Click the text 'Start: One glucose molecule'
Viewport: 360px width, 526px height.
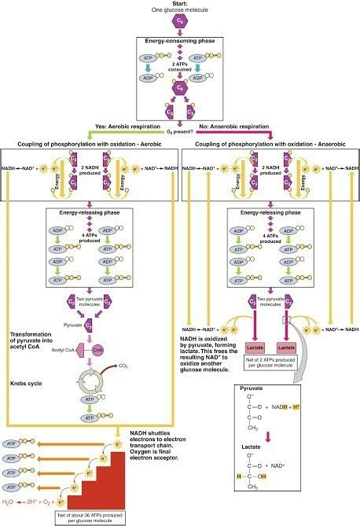pos(179,8)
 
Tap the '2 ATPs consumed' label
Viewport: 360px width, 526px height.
pos(180,67)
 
